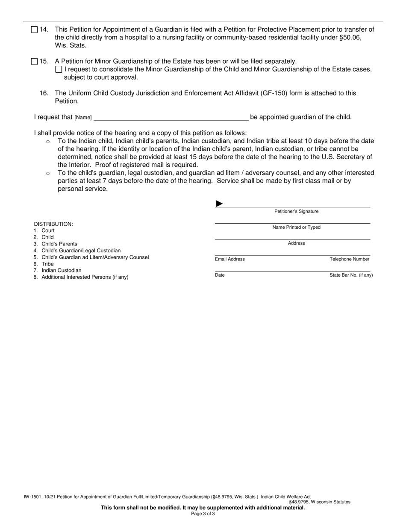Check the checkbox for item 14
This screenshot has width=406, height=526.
pyautogui.click(x=34, y=30)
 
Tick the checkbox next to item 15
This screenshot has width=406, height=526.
pyautogui.click(x=34, y=62)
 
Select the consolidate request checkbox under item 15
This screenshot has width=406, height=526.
pyautogui.click(x=59, y=69)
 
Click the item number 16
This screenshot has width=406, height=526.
pyautogui.click(x=44, y=93)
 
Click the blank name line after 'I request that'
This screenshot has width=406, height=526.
pyautogui.click(x=171, y=117)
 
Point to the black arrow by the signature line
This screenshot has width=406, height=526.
pyautogui.click(x=219, y=204)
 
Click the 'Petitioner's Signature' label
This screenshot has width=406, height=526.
pyautogui.click(x=296, y=212)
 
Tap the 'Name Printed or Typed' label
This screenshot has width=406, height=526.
pyautogui.click(x=296, y=228)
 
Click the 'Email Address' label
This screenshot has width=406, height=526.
pyautogui.click(x=229, y=259)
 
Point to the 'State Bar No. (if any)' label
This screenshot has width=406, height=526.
pyautogui.click(x=351, y=275)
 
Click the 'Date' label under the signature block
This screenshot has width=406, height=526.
pyautogui.click(x=220, y=275)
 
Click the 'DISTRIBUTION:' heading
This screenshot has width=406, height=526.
pyautogui.click(x=53, y=224)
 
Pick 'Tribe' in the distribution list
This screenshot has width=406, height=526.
pyautogui.click(x=47, y=264)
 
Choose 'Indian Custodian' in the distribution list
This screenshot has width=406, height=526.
pyautogui.click(x=61, y=270)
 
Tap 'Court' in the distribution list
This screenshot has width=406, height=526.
pyautogui.click(x=48, y=230)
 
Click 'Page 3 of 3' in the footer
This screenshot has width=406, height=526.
pyautogui.click(x=203, y=514)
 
